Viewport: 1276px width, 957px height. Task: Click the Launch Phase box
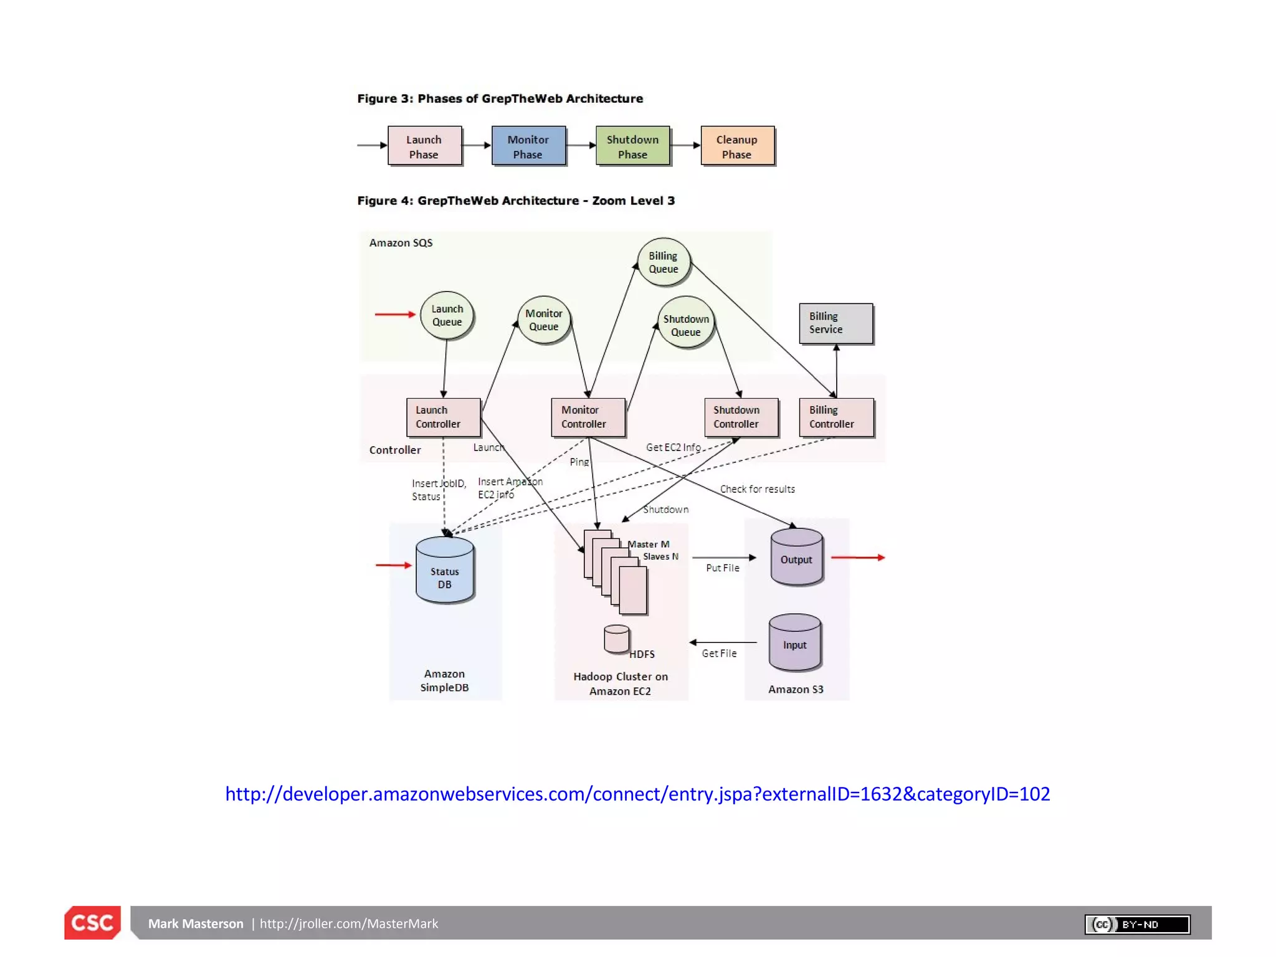pos(424,146)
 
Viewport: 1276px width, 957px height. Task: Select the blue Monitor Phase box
pos(528,146)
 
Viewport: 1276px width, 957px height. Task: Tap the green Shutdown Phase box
pos(632,146)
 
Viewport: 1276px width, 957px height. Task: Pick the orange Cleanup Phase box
pos(737,146)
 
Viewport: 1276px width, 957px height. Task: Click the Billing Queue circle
pos(664,262)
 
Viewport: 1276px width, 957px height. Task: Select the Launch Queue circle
pos(447,315)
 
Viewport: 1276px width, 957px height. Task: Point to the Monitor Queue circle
pos(544,320)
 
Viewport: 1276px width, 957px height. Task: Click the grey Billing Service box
pos(836,323)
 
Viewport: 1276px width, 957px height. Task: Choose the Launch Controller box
pos(443,417)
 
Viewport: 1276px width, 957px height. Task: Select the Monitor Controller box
pos(588,417)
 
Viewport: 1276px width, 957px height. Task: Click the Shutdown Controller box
pos(741,417)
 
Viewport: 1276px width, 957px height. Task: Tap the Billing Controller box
pos(836,417)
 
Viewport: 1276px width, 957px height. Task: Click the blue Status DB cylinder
pos(444,571)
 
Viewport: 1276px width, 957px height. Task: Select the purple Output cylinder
pos(796,557)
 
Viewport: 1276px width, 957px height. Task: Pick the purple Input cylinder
pos(794,642)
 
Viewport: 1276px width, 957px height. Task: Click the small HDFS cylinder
pos(616,639)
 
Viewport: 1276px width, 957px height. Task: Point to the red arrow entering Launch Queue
pos(394,315)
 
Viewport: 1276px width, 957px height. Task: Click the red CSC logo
pos(92,922)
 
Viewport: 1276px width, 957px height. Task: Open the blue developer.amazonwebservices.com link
pos(637,794)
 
